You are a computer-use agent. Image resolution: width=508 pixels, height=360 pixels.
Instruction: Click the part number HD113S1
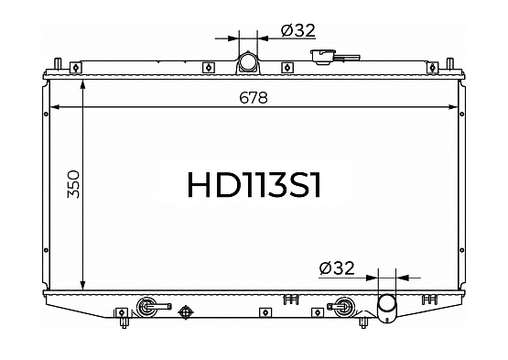point(254,184)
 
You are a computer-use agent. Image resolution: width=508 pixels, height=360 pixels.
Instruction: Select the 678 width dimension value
point(254,97)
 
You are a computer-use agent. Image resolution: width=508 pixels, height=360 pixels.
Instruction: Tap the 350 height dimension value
point(73,184)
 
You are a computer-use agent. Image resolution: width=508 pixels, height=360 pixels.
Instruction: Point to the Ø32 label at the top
point(298,31)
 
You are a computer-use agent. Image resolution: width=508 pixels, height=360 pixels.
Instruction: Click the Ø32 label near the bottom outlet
point(337,268)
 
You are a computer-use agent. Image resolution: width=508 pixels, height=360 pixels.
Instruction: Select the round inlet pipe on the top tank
point(247,62)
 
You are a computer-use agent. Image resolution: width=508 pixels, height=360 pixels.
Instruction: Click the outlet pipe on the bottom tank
point(387,308)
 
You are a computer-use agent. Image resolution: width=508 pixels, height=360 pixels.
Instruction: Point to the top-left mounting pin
point(58,63)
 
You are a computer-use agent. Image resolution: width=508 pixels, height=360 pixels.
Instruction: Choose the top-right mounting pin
point(450,63)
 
